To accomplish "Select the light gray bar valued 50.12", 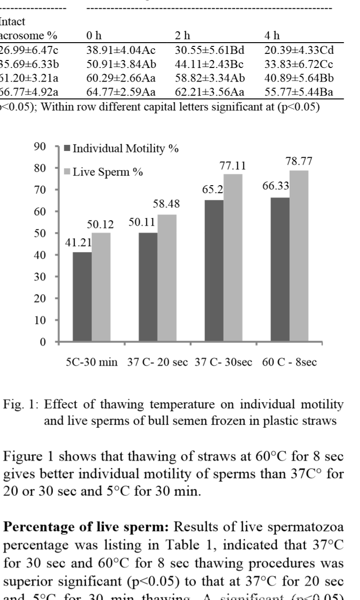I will click(101, 287).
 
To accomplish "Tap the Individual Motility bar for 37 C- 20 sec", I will click(148, 287).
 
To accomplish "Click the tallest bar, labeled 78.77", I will click(299, 256).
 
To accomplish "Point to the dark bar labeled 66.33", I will click(280, 270).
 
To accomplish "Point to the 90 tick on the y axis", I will click(39, 147).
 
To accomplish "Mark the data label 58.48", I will click(166, 204).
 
